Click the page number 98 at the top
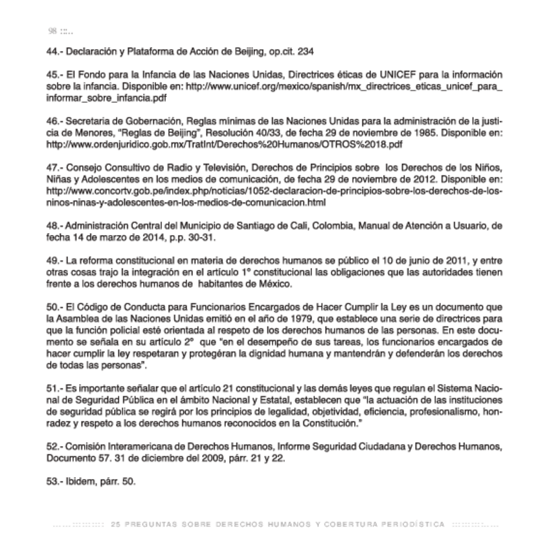pyautogui.click(x=52, y=31)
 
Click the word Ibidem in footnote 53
pyautogui.click(x=78, y=482)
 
